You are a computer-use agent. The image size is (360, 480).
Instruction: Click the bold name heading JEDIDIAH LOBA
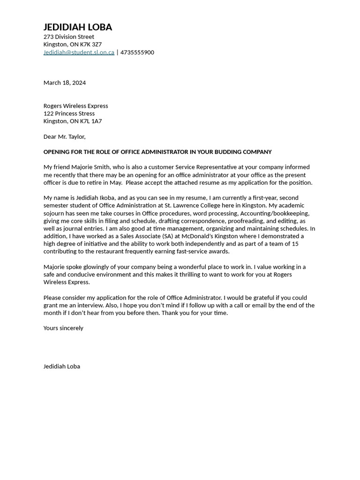point(78,27)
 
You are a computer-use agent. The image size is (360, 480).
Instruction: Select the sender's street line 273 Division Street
point(68,37)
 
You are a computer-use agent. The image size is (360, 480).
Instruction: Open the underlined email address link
point(79,52)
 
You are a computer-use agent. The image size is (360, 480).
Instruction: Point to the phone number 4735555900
point(137,52)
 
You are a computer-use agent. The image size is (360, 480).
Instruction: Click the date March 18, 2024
point(65,82)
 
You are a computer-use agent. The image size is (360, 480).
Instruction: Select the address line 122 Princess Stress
point(69,113)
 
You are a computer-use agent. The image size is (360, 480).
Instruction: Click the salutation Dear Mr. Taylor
point(64,136)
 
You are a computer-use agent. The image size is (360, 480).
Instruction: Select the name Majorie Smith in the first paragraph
point(90,167)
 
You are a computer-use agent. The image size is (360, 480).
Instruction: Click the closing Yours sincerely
point(63,328)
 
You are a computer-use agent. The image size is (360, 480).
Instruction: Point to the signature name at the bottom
point(62,367)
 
